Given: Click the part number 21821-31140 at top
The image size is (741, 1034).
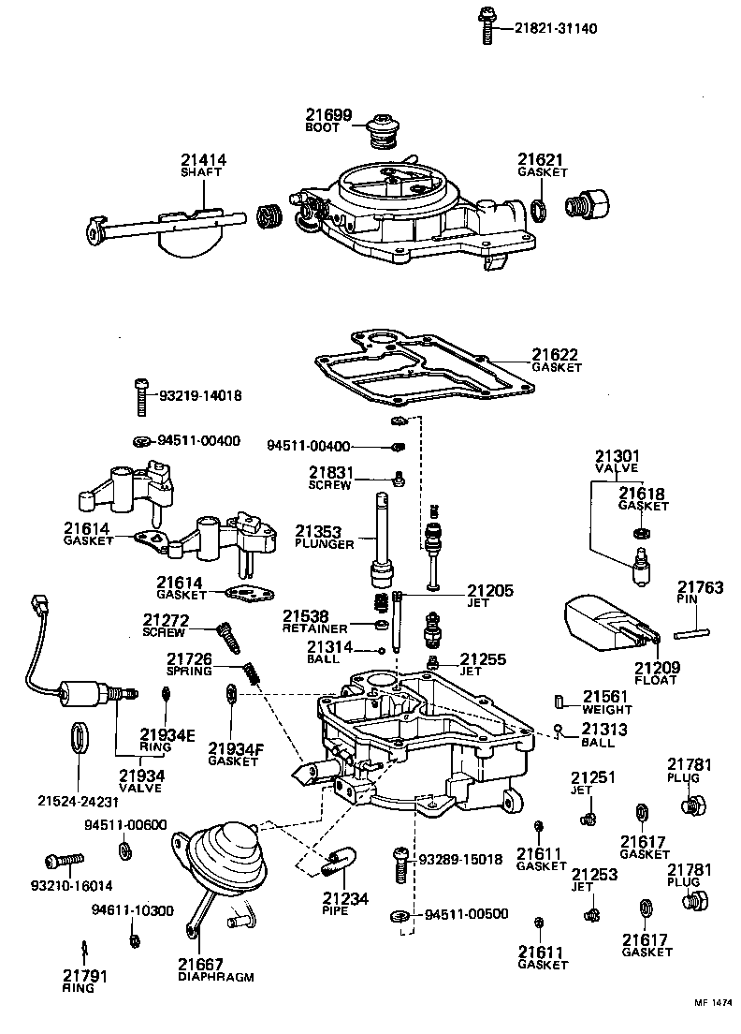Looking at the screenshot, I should point(557,29).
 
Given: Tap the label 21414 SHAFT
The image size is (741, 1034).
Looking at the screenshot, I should point(204,166).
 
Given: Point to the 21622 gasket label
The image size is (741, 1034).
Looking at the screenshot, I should point(556,361).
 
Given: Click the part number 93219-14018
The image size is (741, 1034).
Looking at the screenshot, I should point(199,396).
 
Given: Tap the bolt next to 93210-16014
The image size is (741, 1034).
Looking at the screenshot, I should point(65,859).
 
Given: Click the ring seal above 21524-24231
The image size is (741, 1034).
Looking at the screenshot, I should point(80,738).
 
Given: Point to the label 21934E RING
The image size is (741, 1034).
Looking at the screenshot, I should point(167,740).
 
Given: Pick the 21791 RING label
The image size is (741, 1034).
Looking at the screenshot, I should point(85,981).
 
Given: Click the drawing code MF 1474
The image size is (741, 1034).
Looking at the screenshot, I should point(713,1004).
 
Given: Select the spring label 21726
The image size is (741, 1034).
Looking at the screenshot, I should point(190,665).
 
